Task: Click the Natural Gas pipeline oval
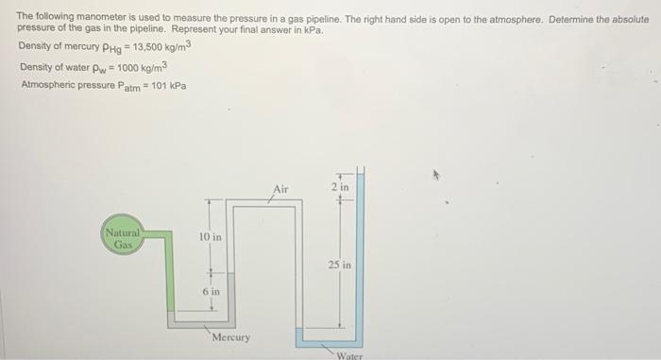123,238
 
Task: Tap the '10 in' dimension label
211,236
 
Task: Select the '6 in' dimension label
212,292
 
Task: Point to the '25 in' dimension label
340,266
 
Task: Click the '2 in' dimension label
340,188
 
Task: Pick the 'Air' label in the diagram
280,190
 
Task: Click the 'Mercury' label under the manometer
231,337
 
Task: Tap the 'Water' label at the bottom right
349,355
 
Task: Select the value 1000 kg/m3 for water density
143,67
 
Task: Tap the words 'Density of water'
52,67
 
